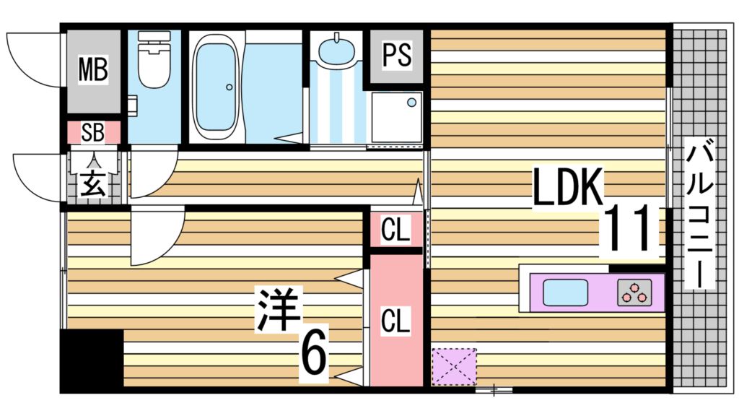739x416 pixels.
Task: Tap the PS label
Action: click(x=396, y=56)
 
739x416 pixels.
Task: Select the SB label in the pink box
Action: click(x=92, y=132)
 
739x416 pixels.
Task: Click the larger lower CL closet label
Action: click(x=395, y=320)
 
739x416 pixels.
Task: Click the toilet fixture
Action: click(x=153, y=61)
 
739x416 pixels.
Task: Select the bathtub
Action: click(x=216, y=87)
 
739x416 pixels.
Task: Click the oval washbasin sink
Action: click(x=336, y=51)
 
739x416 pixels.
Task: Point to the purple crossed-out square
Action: click(x=454, y=366)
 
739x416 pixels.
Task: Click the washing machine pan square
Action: click(x=396, y=118)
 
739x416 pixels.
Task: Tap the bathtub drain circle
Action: click(x=229, y=88)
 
